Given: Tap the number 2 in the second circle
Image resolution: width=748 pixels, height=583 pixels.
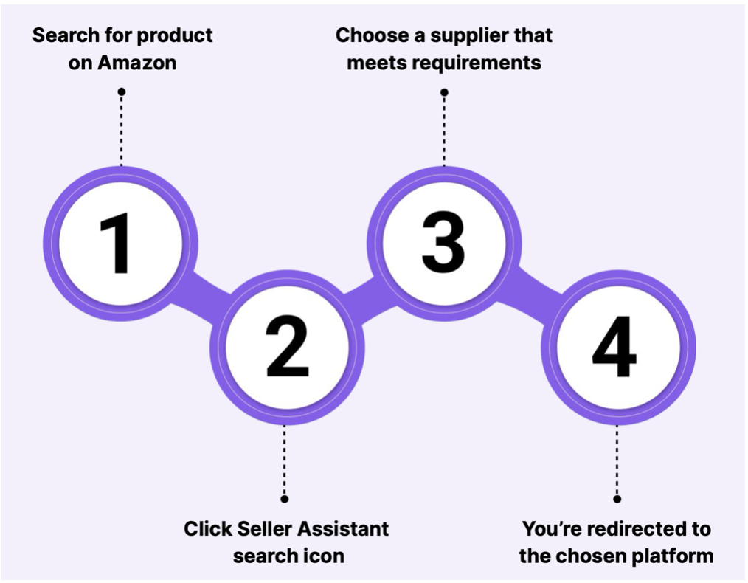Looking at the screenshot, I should pos(287,347).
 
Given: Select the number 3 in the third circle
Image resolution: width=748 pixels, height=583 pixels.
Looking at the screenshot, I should pos(443,244).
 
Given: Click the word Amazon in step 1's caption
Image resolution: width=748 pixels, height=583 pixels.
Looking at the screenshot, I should pos(137,63).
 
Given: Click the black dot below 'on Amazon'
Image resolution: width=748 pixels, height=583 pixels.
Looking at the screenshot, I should pos(122,92).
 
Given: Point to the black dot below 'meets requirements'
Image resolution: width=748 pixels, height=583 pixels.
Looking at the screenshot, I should pos(444,92).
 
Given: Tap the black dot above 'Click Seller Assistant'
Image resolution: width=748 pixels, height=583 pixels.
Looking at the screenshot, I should pos(285,499).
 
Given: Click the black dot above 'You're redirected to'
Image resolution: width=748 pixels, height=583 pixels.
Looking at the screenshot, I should pos(617,499).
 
